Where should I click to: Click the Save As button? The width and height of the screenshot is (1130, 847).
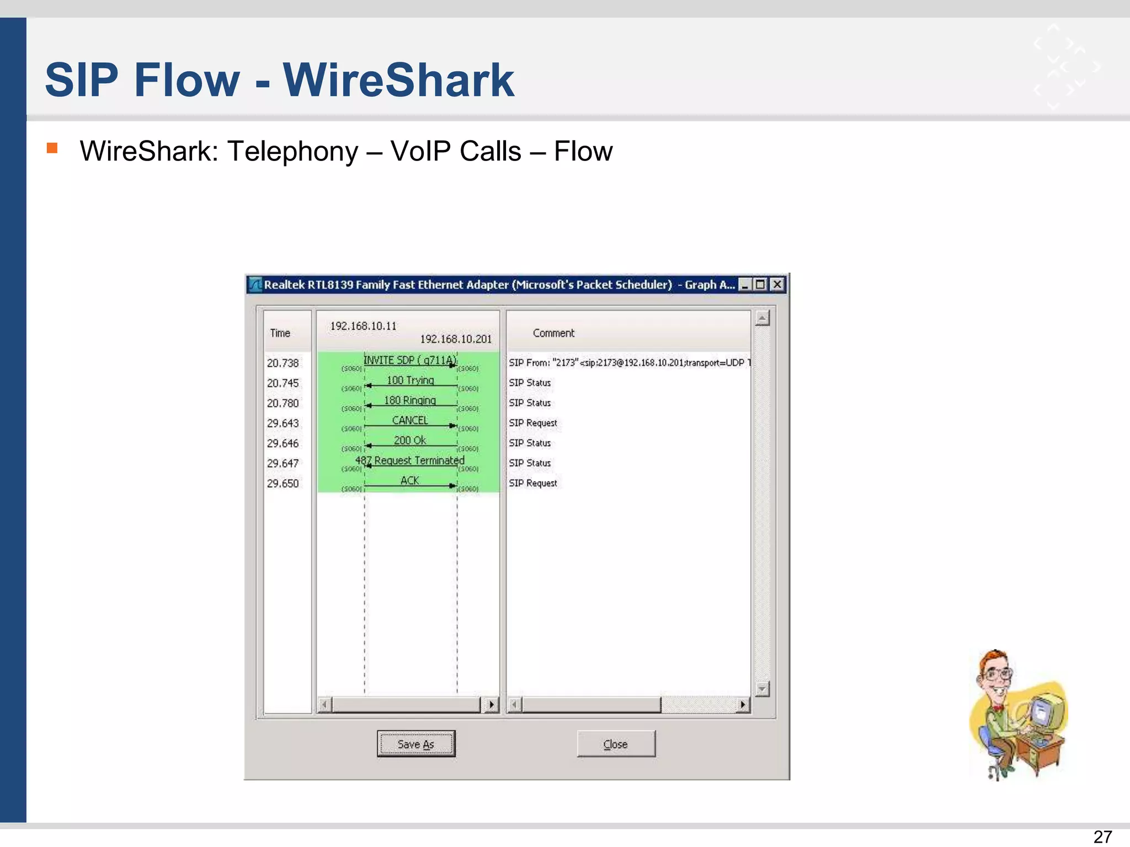coord(416,744)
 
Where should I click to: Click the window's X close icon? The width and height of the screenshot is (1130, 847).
coord(777,285)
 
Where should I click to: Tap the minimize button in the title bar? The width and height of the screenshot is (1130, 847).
coord(745,285)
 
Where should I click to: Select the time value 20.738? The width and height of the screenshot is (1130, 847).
coord(282,363)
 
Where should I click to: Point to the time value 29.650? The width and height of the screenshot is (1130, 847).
coord(282,484)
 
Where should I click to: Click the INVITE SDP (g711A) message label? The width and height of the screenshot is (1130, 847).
coord(410,360)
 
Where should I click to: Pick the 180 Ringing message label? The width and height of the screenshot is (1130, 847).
coord(410,400)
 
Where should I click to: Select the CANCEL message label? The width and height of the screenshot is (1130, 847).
coord(410,420)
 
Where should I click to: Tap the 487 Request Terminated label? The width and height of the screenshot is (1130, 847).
coord(410,460)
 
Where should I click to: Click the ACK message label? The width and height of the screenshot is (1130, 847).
coord(410,480)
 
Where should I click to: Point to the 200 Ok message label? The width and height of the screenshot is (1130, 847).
coord(410,440)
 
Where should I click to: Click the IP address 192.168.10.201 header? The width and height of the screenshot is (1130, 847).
coord(456,339)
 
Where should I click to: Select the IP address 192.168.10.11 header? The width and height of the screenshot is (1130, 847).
coord(363,326)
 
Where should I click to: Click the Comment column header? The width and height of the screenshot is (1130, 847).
coord(553,333)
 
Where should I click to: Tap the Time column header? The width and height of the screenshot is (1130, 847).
coord(280,333)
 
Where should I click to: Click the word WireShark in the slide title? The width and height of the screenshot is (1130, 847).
coord(398,80)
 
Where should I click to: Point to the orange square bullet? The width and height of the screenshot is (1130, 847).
coord(52,148)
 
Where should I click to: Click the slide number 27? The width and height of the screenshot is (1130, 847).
coord(1102,837)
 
